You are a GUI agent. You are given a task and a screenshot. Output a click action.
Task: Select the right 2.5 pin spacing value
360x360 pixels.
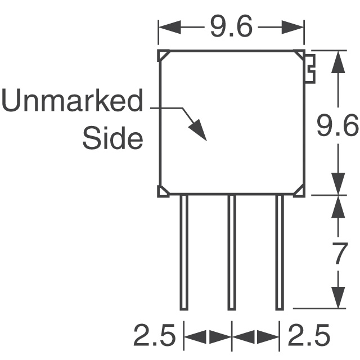coord(309,336)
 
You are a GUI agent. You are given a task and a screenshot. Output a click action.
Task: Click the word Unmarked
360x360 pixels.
coord(73,103)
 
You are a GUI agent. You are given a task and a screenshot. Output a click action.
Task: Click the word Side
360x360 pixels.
coord(112,138)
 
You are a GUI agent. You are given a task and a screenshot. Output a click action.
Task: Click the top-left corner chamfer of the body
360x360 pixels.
coord(164,55)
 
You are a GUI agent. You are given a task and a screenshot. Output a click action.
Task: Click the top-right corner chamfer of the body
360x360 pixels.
coord(299,55)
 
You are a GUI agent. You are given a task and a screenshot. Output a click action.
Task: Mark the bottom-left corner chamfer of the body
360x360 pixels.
coord(164,191)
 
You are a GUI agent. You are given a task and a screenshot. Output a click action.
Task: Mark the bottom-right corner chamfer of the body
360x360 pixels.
coord(299,191)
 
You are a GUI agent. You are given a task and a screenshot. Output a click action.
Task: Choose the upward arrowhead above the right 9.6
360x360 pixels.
coord(338,62)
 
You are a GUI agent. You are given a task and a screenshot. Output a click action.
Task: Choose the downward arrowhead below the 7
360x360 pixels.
coord(338,297)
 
